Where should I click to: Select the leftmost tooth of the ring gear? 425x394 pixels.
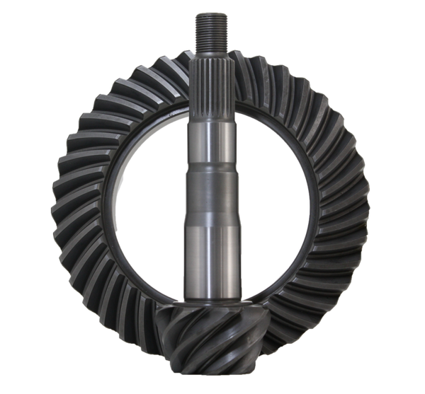coord(61,202)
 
